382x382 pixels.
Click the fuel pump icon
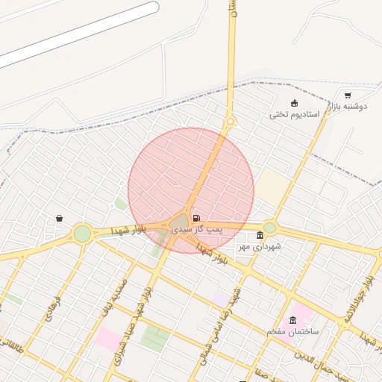click(196, 219)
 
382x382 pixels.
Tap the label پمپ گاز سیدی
click(197, 230)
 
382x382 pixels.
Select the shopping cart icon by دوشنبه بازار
click(348, 95)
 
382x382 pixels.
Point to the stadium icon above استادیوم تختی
click(294, 103)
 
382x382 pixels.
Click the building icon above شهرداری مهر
click(259, 236)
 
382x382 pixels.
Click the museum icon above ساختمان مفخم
click(292, 319)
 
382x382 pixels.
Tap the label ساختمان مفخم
click(293, 330)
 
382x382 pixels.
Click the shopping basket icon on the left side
click(59, 219)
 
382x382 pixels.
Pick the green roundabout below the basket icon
click(82, 234)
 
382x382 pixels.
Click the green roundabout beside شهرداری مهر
click(269, 227)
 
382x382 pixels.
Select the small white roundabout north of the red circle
click(230, 121)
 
